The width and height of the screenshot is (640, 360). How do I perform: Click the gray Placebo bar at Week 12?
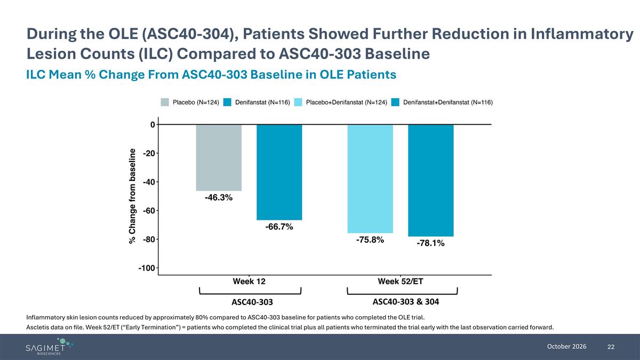click(x=219, y=158)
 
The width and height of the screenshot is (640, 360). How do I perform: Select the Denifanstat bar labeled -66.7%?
click(x=279, y=172)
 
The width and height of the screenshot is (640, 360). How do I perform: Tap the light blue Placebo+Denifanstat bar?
click(x=370, y=179)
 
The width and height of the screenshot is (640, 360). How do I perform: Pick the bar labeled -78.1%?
click(x=430, y=181)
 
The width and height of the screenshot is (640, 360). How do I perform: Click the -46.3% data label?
click(x=219, y=197)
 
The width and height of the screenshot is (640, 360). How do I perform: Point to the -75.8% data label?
click(x=370, y=239)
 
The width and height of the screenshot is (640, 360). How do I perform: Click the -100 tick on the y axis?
click(x=147, y=268)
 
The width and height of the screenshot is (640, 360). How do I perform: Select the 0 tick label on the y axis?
click(x=153, y=125)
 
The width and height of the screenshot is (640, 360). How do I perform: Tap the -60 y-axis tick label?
click(x=149, y=211)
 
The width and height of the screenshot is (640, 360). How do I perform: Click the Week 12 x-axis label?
click(x=249, y=282)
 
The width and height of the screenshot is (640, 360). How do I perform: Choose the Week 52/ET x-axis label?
click(x=401, y=282)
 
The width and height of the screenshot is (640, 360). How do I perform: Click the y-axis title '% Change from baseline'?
click(x=132, y=196)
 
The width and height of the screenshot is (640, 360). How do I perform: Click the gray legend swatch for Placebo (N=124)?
click(x=165, y=102)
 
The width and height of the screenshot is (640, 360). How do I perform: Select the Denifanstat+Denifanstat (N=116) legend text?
click(x=448, y=102)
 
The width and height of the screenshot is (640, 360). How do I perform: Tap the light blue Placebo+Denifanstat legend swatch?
click(x=298, y=102)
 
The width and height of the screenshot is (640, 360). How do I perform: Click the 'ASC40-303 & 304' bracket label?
click(x=406, y=302)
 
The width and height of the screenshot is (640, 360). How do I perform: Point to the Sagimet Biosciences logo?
click(x=49, y=346)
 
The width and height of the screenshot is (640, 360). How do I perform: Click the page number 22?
click(x=611, y=347)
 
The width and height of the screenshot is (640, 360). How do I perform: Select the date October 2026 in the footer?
click(x=566, y=347)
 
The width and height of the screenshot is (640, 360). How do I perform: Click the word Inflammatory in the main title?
click(x=582, y=34)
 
